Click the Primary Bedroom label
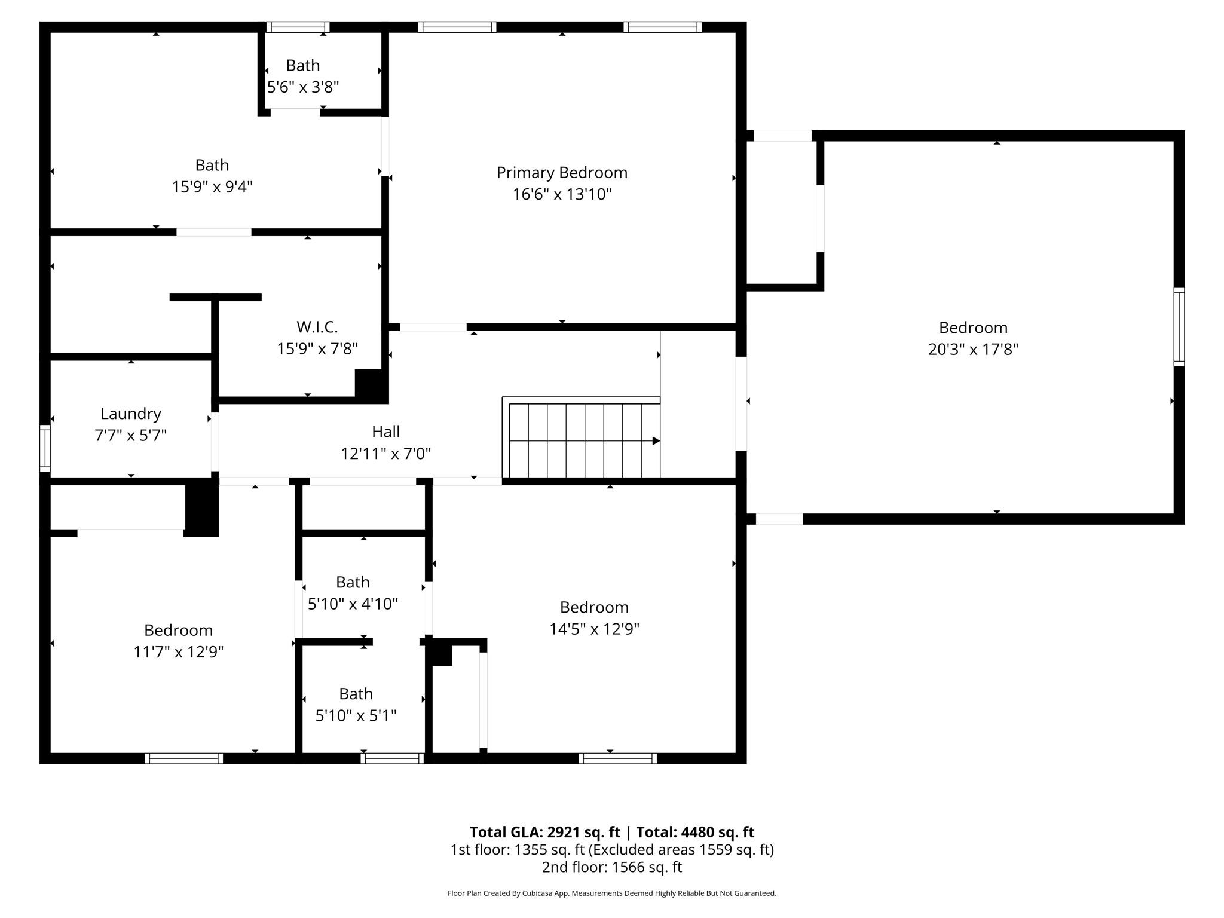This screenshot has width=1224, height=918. tap(562, 173)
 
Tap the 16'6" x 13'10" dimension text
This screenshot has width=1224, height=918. tap(562, 194)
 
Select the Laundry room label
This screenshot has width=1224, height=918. tap(131, 414)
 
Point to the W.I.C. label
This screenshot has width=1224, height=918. tap(317, 327)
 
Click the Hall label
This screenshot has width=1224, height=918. tap(386, 432)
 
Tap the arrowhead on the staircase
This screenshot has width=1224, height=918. tap(656, 441)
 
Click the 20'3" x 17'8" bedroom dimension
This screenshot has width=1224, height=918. tap(973, 349)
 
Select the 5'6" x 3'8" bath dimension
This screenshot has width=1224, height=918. tap(303, 87)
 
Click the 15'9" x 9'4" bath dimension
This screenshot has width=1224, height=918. tap(212, 187)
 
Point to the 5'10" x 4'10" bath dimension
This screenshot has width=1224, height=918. tap(353, 604)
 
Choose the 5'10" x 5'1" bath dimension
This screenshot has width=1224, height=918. tap(356, 715)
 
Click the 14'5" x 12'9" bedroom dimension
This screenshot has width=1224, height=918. tap(595, 629)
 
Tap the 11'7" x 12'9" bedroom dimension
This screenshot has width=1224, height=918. tap(179, 652)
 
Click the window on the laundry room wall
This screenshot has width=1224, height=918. tap(45, 448)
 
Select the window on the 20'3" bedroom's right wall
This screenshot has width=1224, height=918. tap(1179, 327)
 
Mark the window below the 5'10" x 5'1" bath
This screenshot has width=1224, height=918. tap(392, 758)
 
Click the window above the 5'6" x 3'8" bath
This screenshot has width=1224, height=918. tap(298, 27)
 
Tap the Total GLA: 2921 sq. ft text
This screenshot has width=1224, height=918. tap(545, 833)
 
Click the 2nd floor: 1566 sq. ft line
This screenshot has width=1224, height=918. tap(612, 867)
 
